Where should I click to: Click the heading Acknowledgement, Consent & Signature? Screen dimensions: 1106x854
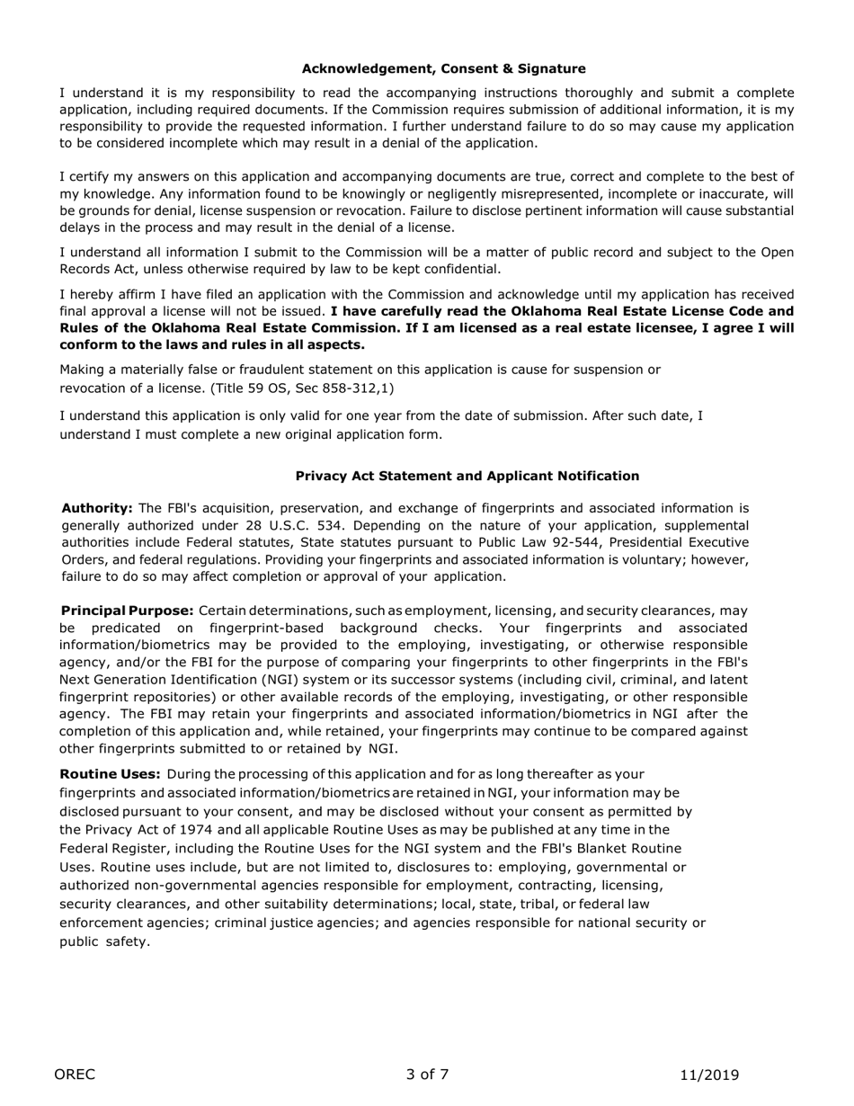pos(443,68)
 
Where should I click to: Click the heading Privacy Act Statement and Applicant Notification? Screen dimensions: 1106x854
pos(467,476)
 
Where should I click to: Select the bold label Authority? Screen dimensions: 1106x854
pos(97,508)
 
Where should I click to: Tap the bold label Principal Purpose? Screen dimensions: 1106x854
pos(127,611)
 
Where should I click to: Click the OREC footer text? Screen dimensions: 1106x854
pos(75,1074)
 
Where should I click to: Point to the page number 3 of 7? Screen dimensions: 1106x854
pos(427,1074)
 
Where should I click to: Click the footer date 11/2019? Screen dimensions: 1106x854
pos(709,1074)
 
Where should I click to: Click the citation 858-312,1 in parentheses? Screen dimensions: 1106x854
pos(357,388)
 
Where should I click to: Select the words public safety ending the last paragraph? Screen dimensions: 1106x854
pos(104,941)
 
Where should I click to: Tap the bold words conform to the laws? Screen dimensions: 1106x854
pos(135,344)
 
